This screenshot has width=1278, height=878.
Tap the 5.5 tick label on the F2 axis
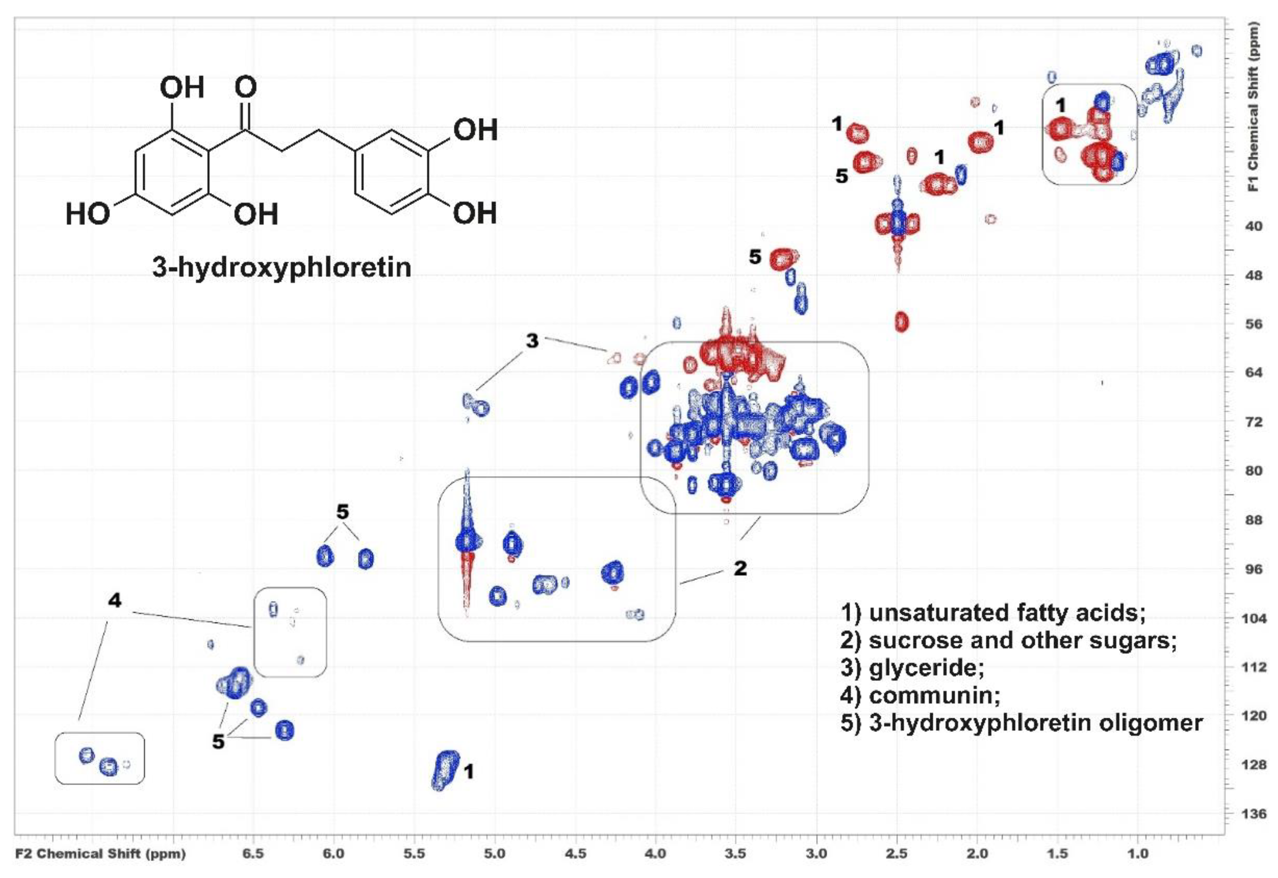pos(414,854)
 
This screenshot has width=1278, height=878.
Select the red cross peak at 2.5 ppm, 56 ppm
pos(901,322)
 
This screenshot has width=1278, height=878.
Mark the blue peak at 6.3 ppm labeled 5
pos(285,731)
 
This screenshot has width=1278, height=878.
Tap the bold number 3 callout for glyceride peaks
pos(532,341)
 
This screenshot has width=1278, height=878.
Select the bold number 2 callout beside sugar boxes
pos(741,568)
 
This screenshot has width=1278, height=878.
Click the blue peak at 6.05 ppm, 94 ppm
pos(325,556)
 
